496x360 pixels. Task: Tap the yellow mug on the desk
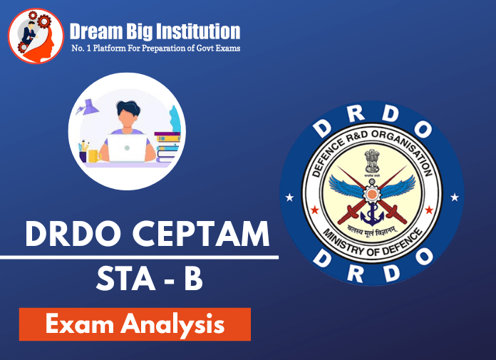click(x=93, y=155)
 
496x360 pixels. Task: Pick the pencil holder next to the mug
click(x=83, y=153)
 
